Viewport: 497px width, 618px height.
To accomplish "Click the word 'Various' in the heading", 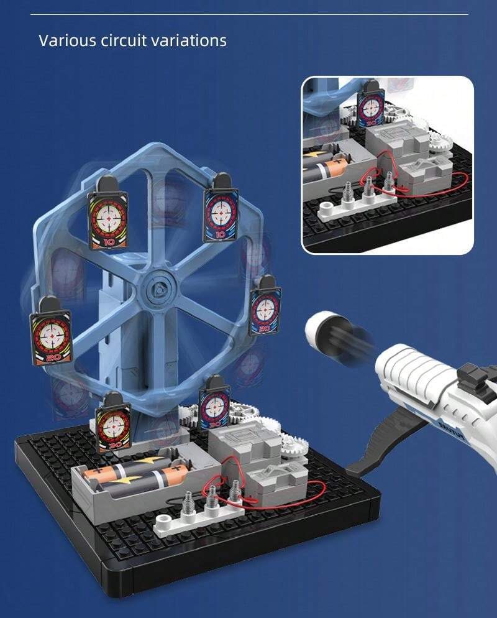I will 65,41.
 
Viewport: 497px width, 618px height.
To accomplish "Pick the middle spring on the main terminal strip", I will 213,498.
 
